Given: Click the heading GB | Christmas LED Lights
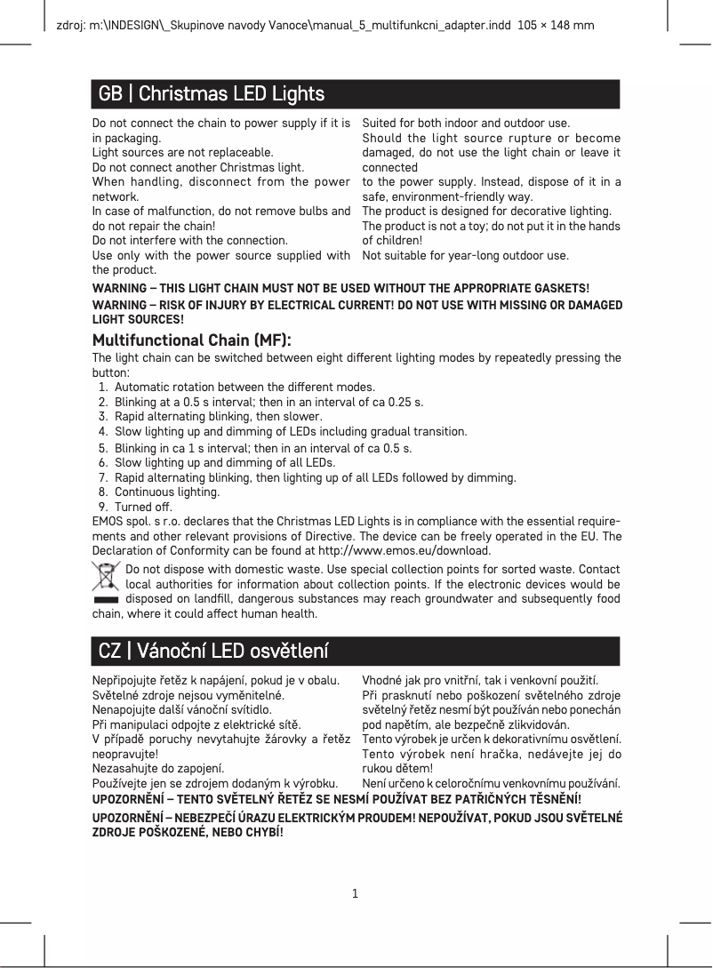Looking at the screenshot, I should coord(211,93).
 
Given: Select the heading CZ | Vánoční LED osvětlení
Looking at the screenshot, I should coord(213,651).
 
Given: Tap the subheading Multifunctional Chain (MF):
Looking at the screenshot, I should coord(192,341).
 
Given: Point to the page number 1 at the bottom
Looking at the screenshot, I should coord(356,892).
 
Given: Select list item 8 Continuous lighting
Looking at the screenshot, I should coord(166,492).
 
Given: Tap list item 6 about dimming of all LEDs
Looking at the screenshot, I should coord(224,462).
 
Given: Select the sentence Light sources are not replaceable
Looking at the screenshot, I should coord(183,153).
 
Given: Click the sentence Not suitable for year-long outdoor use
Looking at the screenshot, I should coord(465,256).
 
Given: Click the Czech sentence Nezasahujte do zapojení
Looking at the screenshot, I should coord(158,768).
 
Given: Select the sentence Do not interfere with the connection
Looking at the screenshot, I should coord(190,240).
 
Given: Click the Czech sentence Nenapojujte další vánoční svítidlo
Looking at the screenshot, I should coord(182,710).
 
